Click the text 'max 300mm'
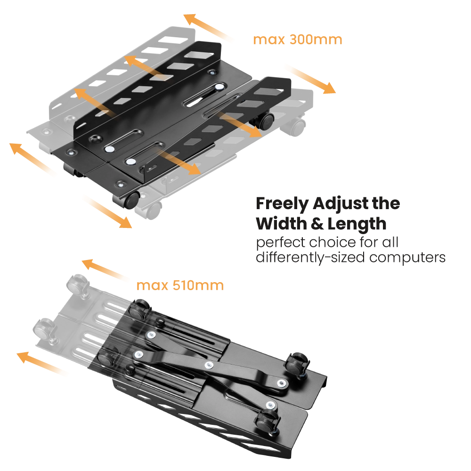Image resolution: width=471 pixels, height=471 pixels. click(x=297, y=40)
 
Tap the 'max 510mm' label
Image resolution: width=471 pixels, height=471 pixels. click(x=180, y=285)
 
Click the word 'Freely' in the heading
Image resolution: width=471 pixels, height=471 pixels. click(x=282, y=204)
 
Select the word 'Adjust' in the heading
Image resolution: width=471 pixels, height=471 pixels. click(x=341, y=204)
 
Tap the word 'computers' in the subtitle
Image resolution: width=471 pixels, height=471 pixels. click(x=407, y=258)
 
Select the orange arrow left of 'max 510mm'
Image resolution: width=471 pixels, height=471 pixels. click(x=104, y=269)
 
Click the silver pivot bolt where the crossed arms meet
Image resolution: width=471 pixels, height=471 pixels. click(x=209, y=365)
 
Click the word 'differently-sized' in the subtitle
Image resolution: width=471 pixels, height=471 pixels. click(x=310, y=258)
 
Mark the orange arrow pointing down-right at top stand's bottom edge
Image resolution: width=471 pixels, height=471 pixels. click(x=107, y=212)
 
